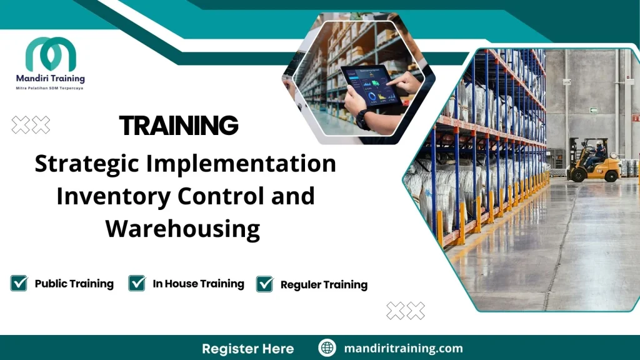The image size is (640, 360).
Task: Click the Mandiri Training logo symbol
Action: pyautogui.click(x=51, y=54)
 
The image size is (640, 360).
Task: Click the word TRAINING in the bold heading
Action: pyautogui.click(x=179, y=126)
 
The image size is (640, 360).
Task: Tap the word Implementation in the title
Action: pyautogui.click(x=241, y=164)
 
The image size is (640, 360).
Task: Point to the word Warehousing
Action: pyautogui.click(x=182, y=229)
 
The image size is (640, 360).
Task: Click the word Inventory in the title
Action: pyautogui.click(x=112, y=196)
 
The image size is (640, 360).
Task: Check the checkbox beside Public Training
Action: pyautogui.click(x=19, y=284)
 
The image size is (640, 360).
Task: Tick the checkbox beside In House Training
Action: pyautogui.click(x=137, y=284)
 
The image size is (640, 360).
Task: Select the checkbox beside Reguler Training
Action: pyautogui.click(x=265, y=284)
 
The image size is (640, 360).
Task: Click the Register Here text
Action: pyautogui.click(x=247, y=348)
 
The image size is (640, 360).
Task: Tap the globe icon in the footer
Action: pyautogui.click(x=327, y=348)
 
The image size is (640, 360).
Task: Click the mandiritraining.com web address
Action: pyautogui.click(x=404, y=348)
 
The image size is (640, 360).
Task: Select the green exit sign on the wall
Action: pyautogui.click(x=593, y=110)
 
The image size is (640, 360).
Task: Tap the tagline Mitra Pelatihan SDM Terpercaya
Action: pyautogui.click(x=50, y=89)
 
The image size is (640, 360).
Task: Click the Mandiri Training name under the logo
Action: pyautogui.click(x=51, y=79)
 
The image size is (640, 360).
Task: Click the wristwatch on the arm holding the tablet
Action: pyautogui.click(x=363, y=119)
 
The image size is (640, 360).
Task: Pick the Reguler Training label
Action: pyautogui.click(x=324, y=285)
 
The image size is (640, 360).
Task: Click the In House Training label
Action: pyautogui.click(x=198, y=284)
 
